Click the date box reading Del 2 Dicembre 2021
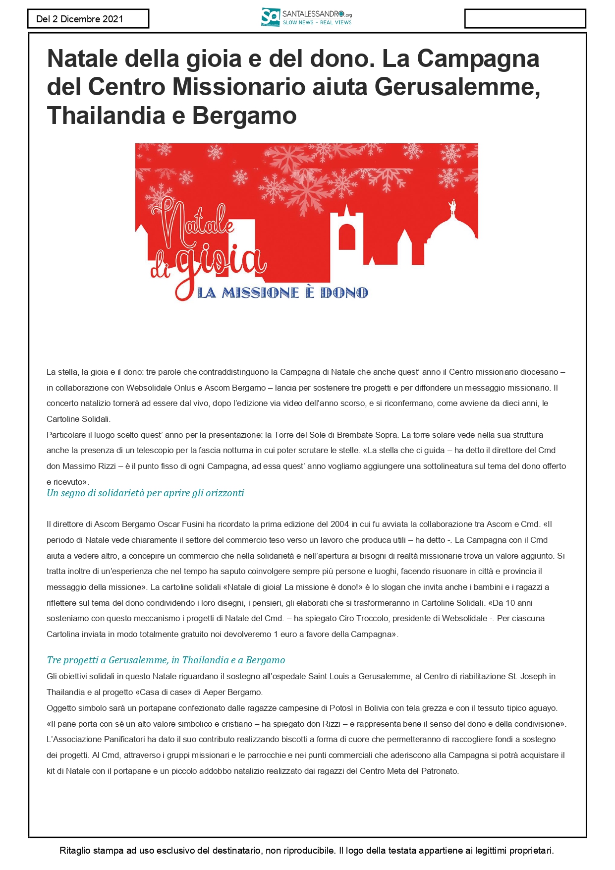coord(88,19)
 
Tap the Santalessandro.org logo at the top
coord(306,17)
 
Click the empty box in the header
coord(525,19)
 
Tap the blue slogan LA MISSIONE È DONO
coord(282,293)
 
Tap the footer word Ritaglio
coord(75,851)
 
